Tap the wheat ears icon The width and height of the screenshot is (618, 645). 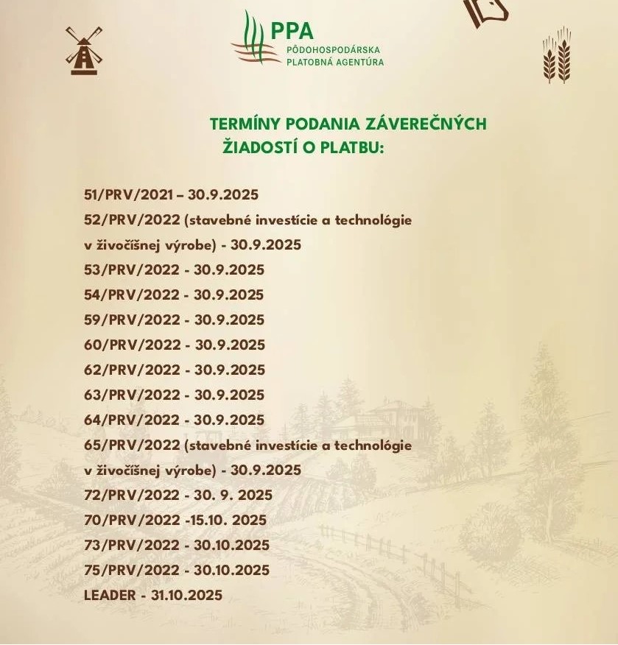558,54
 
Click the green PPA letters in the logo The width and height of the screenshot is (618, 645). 292,30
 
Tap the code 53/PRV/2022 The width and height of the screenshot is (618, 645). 132,269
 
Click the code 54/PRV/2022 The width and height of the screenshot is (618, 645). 132,295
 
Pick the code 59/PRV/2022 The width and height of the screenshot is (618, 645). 132,320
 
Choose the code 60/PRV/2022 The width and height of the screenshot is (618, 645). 132,345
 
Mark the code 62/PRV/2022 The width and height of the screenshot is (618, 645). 132,370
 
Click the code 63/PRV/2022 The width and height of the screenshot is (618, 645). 132,395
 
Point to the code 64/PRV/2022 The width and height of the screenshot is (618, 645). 132,420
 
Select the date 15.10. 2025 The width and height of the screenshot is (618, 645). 228,520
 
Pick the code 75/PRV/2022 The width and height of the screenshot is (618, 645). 132,570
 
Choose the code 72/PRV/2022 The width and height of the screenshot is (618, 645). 132,495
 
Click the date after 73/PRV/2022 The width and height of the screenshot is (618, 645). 232,545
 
